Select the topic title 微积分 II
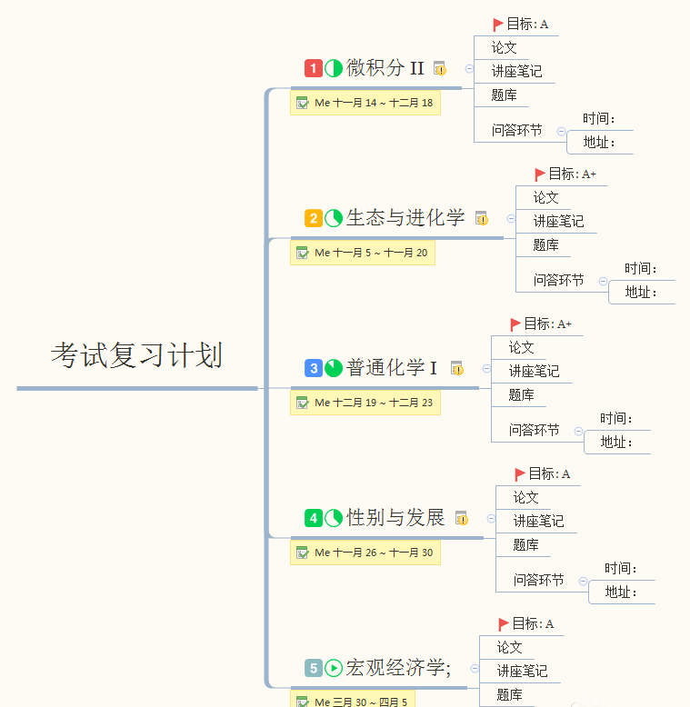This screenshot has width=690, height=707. coord(385,68)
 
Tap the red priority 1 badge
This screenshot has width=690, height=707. coord(313,68)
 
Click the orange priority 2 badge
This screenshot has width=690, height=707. coord(313,218)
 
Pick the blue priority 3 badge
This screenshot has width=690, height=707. coord(313,368)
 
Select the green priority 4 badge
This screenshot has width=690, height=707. coord(313,518)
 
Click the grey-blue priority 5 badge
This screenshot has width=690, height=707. coord(313,668)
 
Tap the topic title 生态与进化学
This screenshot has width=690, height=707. coord(405,218)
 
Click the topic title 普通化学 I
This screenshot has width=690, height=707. coord(392,368)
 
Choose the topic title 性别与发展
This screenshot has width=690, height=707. coord(395,518)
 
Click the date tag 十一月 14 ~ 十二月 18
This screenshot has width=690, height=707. coord(365,103)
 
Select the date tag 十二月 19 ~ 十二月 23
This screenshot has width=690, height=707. coord(365,403)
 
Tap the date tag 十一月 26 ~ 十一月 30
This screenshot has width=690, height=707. coord(365,553)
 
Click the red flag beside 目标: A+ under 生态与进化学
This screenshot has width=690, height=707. coord(540,174)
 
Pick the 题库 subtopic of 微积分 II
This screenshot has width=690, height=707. coord(504,95)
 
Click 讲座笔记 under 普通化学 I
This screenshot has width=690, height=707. coord(534,371)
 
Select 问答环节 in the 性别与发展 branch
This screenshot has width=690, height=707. coord(538,580)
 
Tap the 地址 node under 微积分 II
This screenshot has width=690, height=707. coord(599,143)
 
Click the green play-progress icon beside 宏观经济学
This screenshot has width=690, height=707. coord(334,668)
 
